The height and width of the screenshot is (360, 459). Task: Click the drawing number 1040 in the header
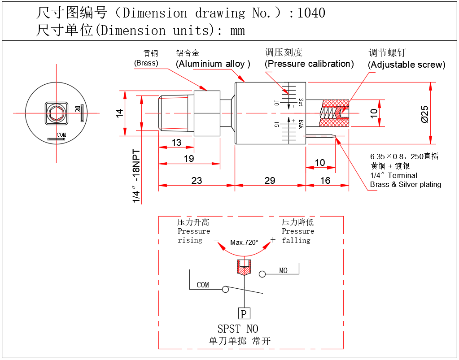(x=311, y=13)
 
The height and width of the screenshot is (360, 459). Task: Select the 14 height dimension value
(x=119, y=113)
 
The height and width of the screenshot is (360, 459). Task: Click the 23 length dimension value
(x=197, y=181)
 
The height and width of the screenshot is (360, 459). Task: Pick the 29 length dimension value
(x=270, y=181)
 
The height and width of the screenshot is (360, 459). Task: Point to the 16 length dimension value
(x=325, y=181)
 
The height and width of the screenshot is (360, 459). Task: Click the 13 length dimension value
(x=176, y=143)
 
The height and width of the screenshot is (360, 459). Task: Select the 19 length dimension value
(x=188, y=159)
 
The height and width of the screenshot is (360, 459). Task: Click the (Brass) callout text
(x=146, y=63)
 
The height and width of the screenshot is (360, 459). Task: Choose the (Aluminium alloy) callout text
(x=213, y=64)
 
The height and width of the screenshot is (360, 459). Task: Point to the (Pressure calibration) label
(x=309, y=64)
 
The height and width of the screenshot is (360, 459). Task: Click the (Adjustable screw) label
(x=407, y=65)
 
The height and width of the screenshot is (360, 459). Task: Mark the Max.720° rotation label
(x=244, y=243)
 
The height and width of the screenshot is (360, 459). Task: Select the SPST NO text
(x=238, y=329)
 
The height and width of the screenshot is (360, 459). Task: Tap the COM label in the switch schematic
(x=203, y=285)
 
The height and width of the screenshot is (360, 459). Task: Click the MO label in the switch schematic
(x=283, y=271)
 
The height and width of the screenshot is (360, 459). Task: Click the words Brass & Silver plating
(x=406, y=184)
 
